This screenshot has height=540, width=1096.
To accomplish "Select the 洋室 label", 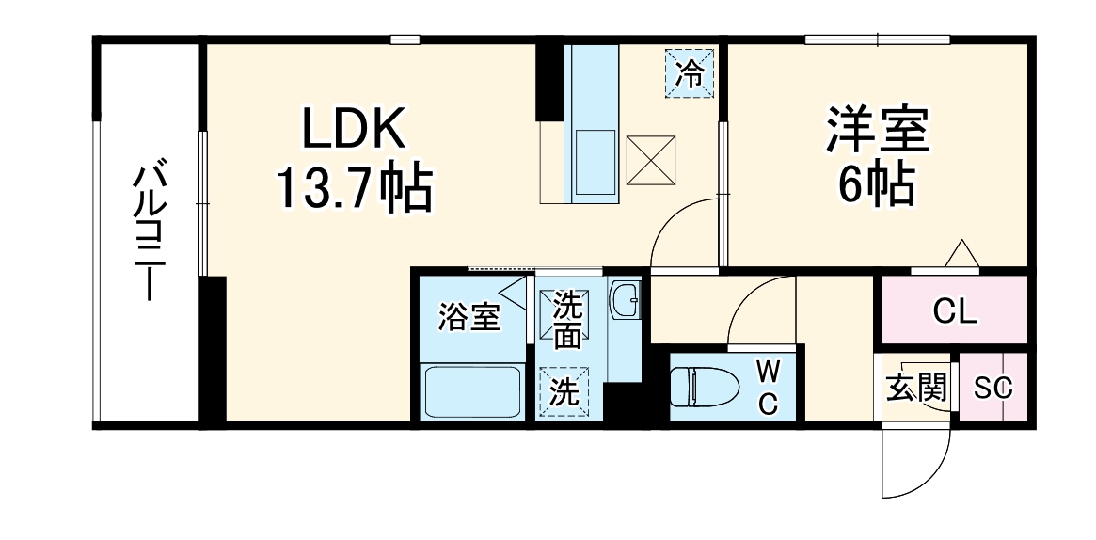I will pos(877,132).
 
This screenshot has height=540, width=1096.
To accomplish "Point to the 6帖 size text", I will pos(877,188).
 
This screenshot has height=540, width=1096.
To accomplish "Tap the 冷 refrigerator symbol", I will pos(690,72).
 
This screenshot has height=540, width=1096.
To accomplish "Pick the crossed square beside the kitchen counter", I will pos(651,160).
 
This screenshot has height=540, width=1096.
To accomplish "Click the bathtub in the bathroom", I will pos(472,392).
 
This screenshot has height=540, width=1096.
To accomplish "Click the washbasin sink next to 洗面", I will pos(624,301).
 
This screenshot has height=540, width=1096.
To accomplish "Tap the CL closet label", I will pos(954,310).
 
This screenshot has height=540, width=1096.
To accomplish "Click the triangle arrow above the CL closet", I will pos(961,254).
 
